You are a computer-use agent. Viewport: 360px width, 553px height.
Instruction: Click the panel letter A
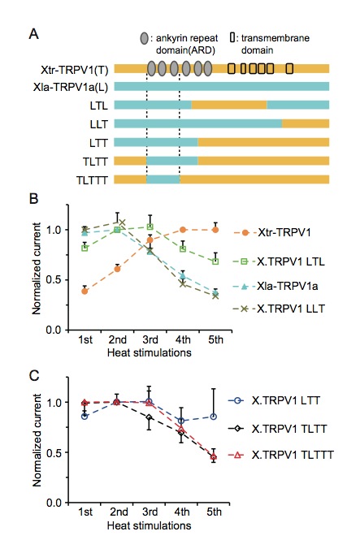coord(34,34)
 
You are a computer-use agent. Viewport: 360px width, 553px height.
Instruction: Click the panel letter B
coord(33,199)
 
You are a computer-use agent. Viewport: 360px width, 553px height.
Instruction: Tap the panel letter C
coord(34,376)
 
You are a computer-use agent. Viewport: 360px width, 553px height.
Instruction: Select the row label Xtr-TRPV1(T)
coord(74,70)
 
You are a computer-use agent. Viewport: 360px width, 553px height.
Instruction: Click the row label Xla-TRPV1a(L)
coord(71,87)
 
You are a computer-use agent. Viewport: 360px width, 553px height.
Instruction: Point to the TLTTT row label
coord(92,180)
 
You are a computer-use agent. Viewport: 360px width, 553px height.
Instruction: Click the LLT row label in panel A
coord(99,124)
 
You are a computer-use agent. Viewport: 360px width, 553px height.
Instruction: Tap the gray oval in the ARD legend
coord(144,38)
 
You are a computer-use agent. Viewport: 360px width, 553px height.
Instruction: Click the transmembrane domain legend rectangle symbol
coord(232,37)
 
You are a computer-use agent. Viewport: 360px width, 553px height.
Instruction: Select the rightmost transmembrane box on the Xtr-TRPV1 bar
coord(289,68)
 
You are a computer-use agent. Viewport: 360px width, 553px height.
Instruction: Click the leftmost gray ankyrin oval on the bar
coord(151,68)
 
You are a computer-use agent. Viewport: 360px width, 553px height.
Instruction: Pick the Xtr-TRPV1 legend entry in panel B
coord(272,233)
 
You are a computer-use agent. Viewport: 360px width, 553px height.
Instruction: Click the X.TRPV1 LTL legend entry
coord(279,261)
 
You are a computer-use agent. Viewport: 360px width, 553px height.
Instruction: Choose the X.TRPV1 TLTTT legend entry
coord(281,455)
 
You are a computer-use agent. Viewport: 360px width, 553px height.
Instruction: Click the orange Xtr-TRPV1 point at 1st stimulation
coord(85,292)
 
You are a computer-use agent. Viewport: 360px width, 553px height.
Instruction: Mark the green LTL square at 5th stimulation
coord(215,261)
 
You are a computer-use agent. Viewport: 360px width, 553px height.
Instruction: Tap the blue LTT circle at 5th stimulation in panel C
coord(213,417)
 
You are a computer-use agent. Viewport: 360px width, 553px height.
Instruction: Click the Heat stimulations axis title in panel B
coord(150,352)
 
